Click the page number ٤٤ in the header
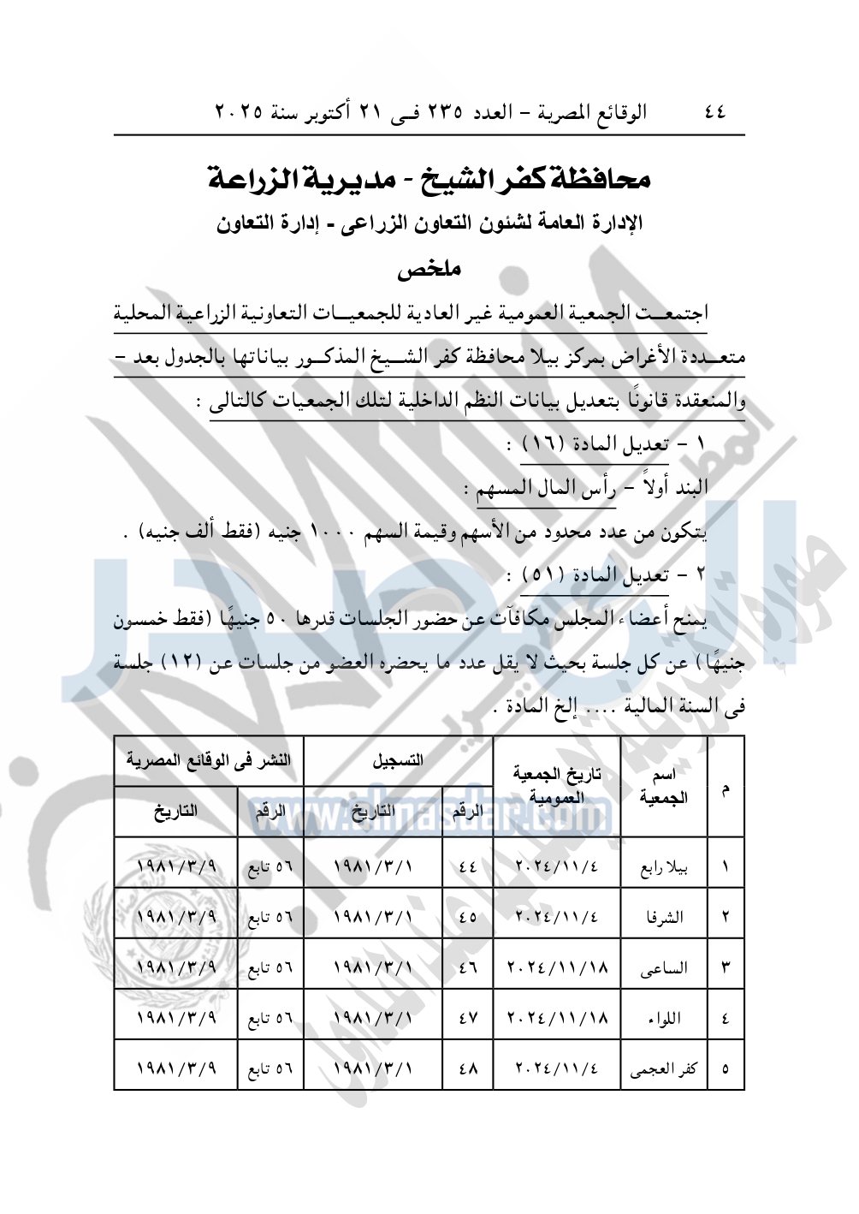[715, 112]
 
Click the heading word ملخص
[429, 269]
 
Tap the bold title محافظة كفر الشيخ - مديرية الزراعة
[429, 178]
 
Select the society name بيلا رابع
[664, 867]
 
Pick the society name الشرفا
[665, 917]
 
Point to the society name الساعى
[664, 968]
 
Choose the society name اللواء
[665, 1019]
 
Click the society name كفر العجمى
[664, 1068]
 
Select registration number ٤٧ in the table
[468, 1019]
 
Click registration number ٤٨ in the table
[468, 1068]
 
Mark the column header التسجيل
[398, 761]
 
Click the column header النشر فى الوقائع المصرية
[209, 761]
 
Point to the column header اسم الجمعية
[664, 787]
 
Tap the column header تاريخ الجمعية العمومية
[557, 786]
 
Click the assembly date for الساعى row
[557, 968]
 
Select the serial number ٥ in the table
[726, 1068]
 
